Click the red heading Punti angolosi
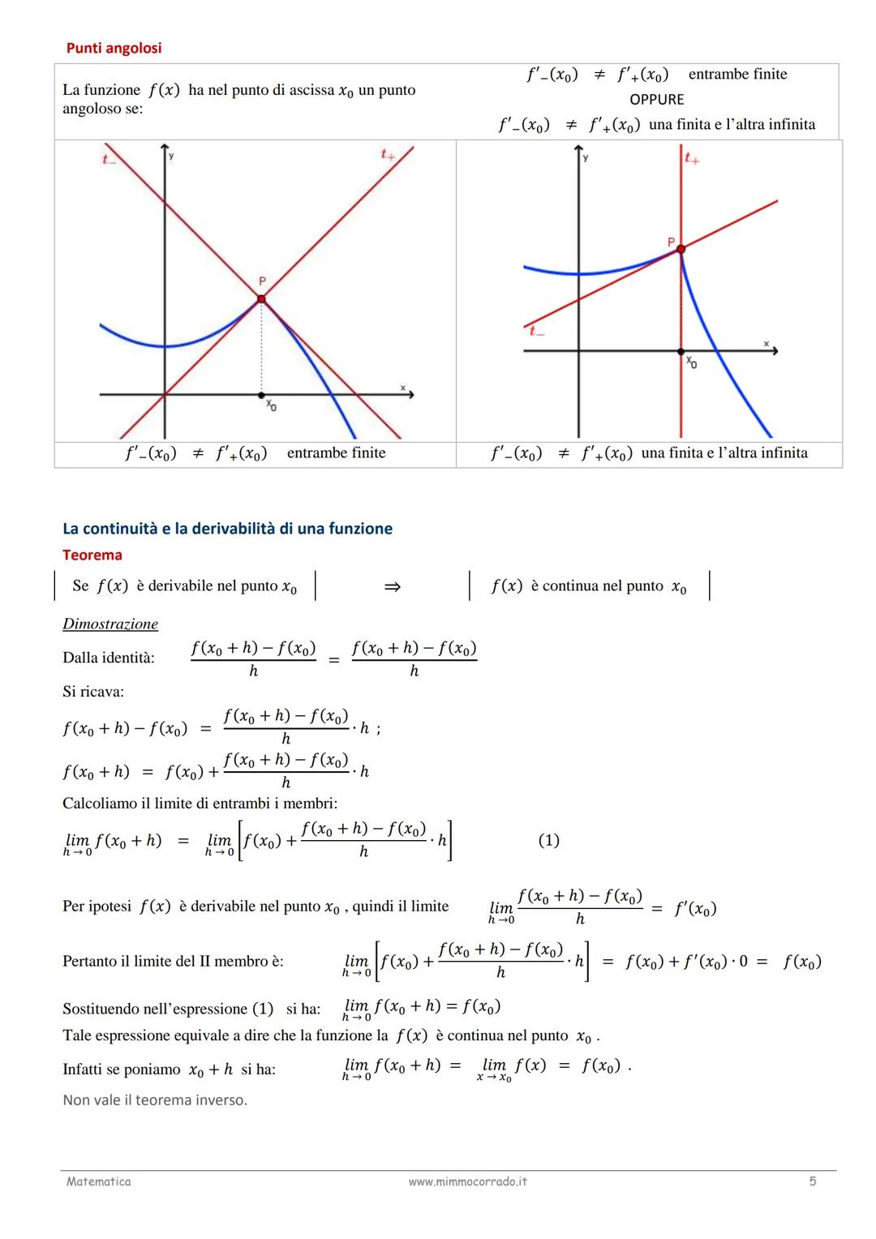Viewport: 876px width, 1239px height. coord(114,48)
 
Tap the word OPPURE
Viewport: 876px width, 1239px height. coord(656,99)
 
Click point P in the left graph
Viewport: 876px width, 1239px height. coord(261,299)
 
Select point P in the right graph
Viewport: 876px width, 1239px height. coord(681,249)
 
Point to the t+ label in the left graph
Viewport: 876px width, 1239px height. coord(388,154)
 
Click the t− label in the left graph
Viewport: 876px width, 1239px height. coord(109,160)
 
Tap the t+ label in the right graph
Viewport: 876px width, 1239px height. coord(691,158)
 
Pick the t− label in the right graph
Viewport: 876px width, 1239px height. coord(536,330)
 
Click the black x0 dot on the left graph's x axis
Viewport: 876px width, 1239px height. coord(261,395)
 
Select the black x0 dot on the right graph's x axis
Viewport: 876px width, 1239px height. coord(681,351)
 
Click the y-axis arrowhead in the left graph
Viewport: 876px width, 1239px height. coord(165,148)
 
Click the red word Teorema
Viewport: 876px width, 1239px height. coord(92,555)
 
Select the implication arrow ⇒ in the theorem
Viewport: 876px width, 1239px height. coord(392,586)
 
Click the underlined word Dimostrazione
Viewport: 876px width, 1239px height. coord(110,624)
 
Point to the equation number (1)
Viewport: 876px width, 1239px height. coord(549,840)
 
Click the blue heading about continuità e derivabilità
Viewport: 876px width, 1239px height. coord(227,529)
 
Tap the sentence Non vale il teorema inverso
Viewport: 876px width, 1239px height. coord(155,1100)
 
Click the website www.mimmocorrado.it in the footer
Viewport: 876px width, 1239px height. coord(467,1181)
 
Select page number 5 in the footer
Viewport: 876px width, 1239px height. coord(813,1181)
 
